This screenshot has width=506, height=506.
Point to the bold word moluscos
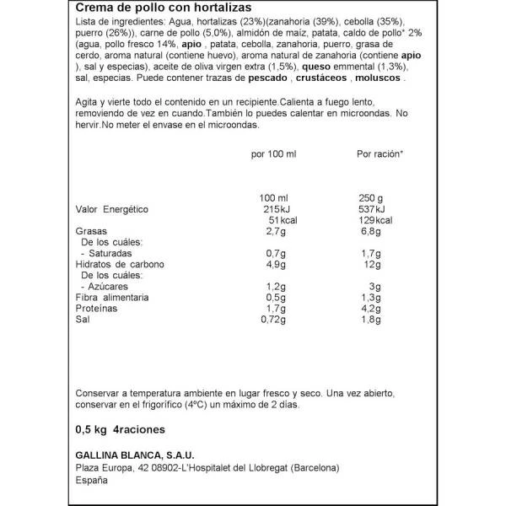[379, 78]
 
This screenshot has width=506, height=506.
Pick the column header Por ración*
[380, 154]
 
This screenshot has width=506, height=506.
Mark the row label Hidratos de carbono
[120, 263]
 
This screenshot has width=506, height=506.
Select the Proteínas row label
[95, 310]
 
